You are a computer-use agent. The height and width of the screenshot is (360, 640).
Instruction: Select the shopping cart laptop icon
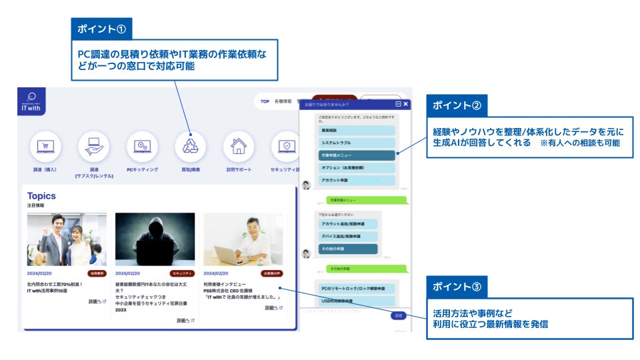pyautogui.click(x=45, y=146)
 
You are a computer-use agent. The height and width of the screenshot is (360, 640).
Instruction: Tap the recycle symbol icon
pyautogui.click(x=190, y=146)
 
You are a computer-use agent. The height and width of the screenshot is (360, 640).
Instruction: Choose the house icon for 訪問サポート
pyautogui.click(x=239, y=146)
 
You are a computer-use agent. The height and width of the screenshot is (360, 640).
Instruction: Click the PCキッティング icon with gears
pyautogui.click(x=142, y=146)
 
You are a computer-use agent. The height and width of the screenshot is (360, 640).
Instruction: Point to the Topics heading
pyautogui.click(x=41, y=196)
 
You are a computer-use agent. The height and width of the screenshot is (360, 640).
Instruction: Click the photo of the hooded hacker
pyautogui.click(x=155, y=239)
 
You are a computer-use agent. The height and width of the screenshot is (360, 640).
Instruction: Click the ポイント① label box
pyautogui.click(x=101, y=29)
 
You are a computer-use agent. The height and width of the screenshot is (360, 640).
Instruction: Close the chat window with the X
pyautogui.click(x=405, y=104)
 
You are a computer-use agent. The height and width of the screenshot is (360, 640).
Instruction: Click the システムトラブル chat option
pyautogui.click(x=357, y=143)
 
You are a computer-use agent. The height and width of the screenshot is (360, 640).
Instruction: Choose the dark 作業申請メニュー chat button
pyautogui.click(x=357, y=155)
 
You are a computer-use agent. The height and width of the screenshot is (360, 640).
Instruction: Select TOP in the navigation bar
pyautogui.click(x=265, y=101)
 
